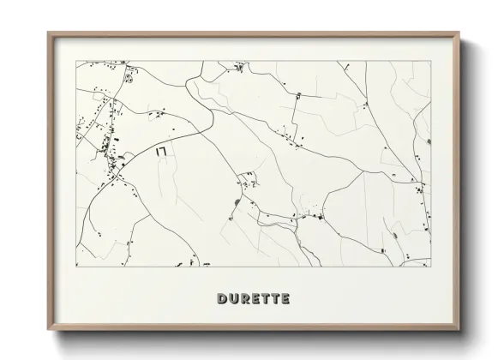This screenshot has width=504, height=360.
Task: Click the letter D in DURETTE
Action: (222, 299)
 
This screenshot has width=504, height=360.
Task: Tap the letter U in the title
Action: (233, 299)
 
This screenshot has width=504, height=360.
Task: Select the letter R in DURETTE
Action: (244, 299)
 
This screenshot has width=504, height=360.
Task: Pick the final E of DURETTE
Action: (285, 299)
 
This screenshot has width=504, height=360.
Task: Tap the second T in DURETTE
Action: (275, 299)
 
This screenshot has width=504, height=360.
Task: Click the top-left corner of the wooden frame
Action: (48, 33)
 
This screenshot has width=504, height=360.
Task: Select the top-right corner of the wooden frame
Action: (459, 33)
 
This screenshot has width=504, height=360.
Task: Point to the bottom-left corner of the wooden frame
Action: (48, 331)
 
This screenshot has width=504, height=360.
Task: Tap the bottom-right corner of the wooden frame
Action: (459, 331)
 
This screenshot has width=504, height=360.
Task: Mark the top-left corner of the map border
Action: (76, 61)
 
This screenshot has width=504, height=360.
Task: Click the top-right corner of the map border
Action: (430, 61)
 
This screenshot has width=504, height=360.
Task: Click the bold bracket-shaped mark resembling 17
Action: (160, 151)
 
